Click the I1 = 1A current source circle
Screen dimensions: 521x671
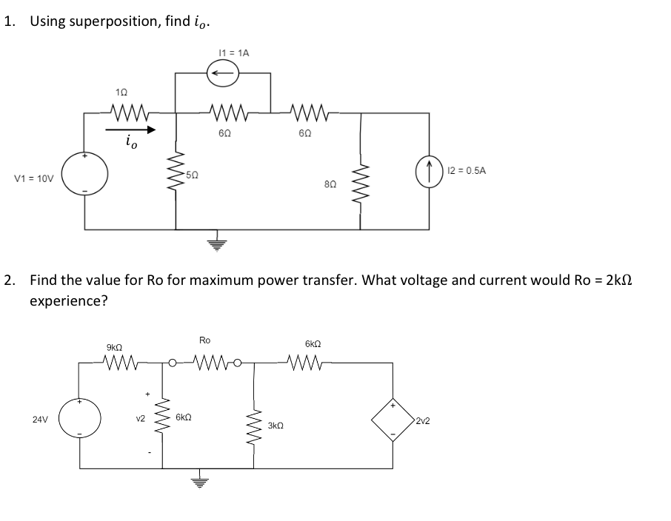tap(223, 73)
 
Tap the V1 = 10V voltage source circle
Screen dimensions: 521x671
tap(85, 175)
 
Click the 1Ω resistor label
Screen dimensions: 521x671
tap(122, 93)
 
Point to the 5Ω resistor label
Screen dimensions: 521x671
tap(191, 175)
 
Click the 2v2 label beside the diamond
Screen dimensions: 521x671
tap(423, 421)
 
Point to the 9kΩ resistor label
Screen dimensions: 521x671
tap(115, 346)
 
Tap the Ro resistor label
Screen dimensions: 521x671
tap(205, 340)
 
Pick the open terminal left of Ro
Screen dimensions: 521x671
tap(171, 363)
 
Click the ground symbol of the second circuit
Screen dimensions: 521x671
tap(196, 485)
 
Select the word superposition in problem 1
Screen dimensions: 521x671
tap(113, 21)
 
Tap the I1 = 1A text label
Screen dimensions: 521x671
tap(234, 53)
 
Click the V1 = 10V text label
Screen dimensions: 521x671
tap(34, 178)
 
